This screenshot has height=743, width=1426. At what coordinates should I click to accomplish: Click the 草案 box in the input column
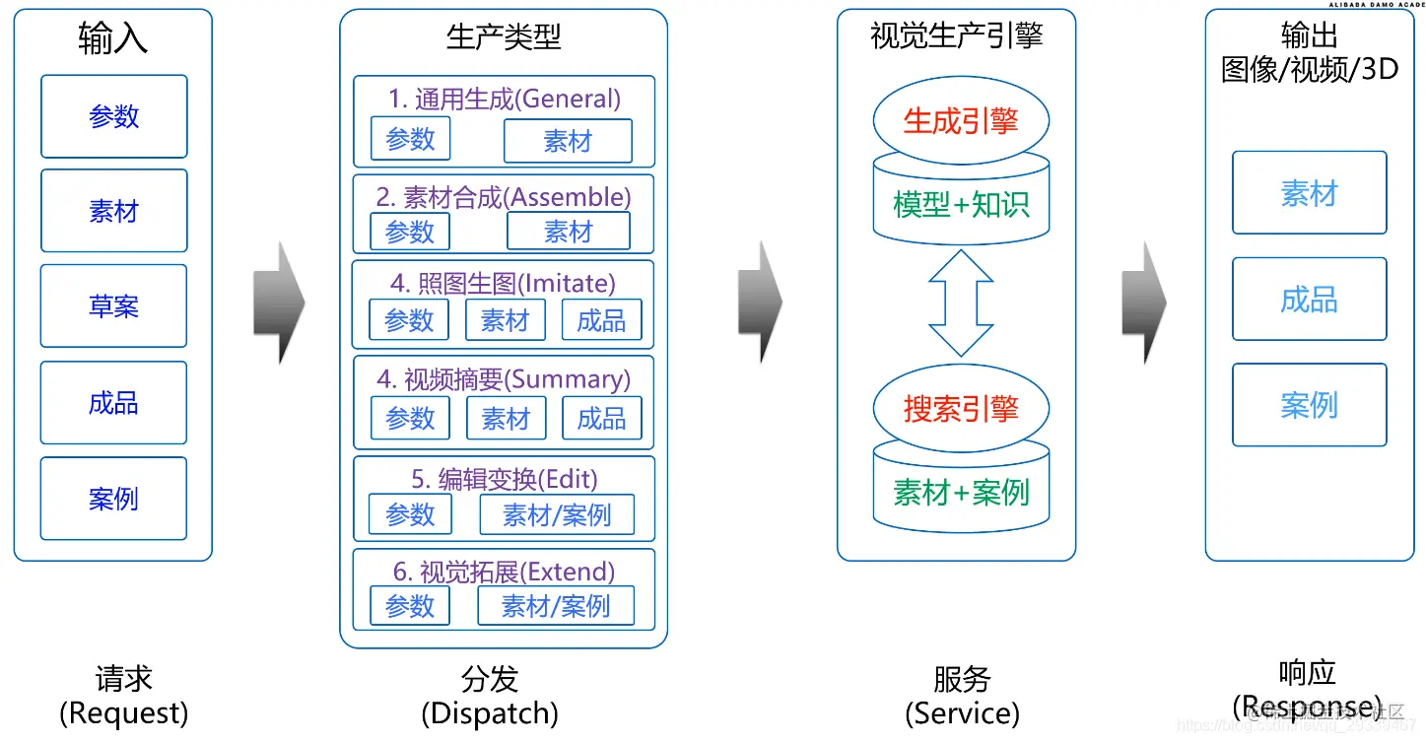click(x=113, y=306)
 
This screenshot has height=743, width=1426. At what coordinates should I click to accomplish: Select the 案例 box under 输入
click(x=113, y=499)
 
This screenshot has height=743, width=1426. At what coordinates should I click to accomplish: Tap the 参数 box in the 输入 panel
click(x=113, y=116)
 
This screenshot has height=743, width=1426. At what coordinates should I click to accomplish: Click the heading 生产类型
click(x=504, y=37)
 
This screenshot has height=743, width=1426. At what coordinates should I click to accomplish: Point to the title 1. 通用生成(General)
click(x=504, y=99)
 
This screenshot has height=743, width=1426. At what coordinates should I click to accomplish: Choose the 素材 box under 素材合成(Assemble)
click(x=568, y=232)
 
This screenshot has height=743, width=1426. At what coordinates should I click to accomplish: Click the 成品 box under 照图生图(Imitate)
click(x=601, y=320)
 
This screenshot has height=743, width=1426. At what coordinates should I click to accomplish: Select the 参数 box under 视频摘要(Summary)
click(x=410, y=419)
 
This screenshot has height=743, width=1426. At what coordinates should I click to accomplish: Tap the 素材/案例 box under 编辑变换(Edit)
click(x=557, y=514)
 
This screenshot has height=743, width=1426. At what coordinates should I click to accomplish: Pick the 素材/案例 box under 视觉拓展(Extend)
click(x=556, y=606)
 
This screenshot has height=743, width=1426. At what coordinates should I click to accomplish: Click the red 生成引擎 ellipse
click(x=961, y=121)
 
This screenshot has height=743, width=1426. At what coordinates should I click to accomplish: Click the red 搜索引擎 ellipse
click(x=961, y=409)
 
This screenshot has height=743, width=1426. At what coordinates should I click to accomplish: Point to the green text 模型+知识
click(x=961, y=204)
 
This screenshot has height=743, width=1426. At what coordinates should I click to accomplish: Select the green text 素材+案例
click(x=961, y=493)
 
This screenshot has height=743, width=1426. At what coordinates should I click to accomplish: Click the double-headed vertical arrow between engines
click(x=961, y=303)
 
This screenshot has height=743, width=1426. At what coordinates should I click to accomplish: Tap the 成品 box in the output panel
click(x=1309, y=300)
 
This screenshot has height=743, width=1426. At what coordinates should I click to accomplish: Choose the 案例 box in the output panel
click(x=1309, y=405)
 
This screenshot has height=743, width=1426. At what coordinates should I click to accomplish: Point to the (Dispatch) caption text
click(x=490, y=712)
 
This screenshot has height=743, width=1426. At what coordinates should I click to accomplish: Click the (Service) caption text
click(x=962, y=712)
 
